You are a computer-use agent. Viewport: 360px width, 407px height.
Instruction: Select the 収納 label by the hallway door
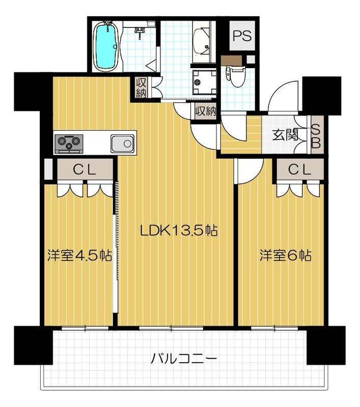pyautogui.click(x=205, y=110)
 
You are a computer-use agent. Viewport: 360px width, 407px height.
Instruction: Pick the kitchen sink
pyautogui.click(x=122, y=143)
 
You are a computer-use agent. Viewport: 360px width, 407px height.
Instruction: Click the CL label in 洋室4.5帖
pyautogui.click(x=85, y=170)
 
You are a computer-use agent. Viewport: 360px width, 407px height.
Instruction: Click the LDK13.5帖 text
pyautogui.click(x=179, y=231)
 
